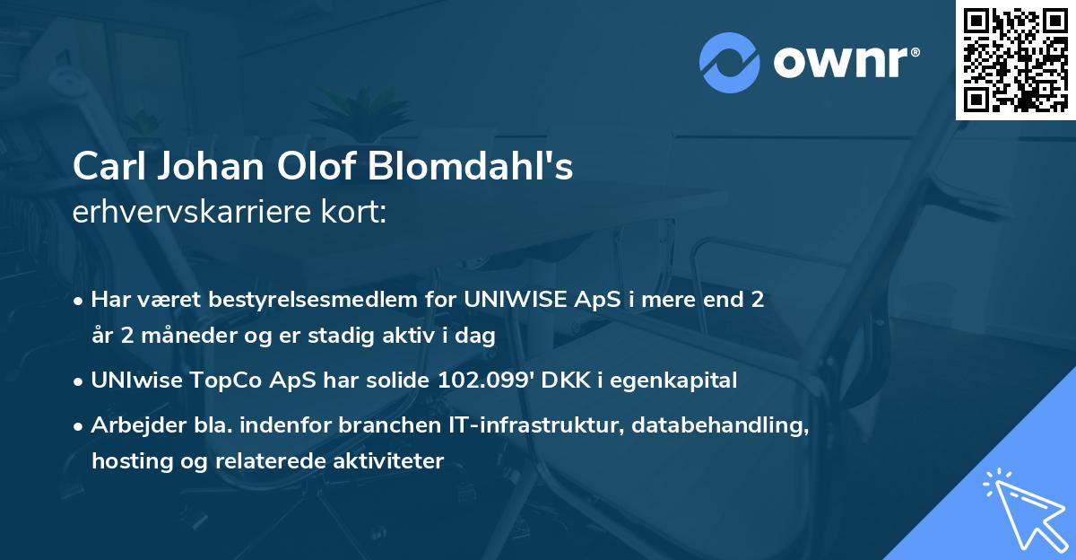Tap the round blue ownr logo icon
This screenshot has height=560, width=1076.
point(730,62)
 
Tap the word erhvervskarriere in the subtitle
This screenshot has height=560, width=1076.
point(194,212)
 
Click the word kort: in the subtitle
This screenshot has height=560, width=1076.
point(355,212)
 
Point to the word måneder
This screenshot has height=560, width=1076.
point(179,336)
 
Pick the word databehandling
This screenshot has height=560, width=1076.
point(720,425)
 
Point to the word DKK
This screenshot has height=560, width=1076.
point(567,381)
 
